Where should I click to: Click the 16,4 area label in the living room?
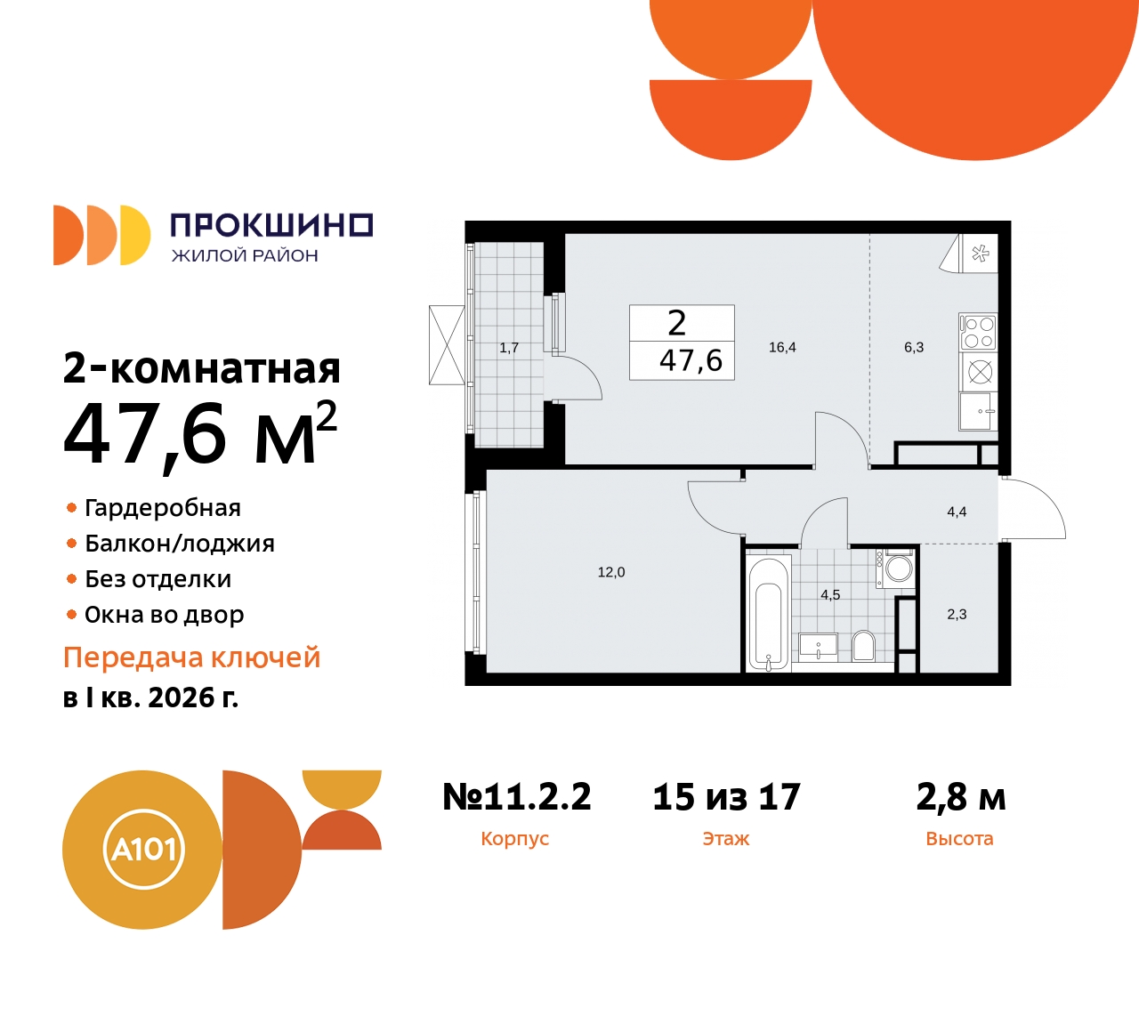(782, 347)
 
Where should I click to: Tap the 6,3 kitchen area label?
(914, 347)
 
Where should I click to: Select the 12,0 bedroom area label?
(611, 572)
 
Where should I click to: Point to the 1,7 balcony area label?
(509, 348)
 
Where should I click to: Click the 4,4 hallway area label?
(957, 512)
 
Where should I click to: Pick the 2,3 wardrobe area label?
(957, 614)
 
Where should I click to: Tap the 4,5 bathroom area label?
(830, 594)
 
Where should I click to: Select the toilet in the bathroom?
(863, 645)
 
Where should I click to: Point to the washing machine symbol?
(897, 568)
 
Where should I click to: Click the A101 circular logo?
(143, 850)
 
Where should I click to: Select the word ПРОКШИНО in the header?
(271, 225)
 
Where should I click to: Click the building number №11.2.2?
(517, 797)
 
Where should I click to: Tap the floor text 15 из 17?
(726, 797)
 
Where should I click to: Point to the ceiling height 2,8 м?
(960, 797)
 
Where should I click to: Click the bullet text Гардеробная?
(163, 508)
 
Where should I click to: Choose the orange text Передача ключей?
(192, 657)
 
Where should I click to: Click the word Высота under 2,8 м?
(959, 838)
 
